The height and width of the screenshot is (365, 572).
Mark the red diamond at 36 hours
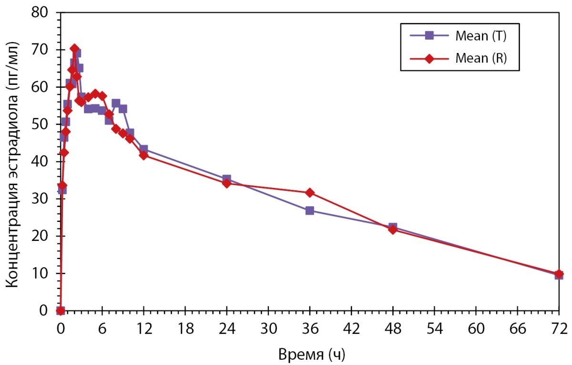coord(310,192)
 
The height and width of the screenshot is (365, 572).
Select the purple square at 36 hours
coord(310,210)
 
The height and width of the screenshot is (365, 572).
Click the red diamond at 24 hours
coord(226,183)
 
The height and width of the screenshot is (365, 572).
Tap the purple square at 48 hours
coord(393,227)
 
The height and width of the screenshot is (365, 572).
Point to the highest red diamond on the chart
coord(74,48)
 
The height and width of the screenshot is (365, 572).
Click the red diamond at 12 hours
coord(143,155)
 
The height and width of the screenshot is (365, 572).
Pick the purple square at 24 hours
coord(226,179)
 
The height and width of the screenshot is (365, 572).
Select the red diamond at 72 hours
coord(559,274)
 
